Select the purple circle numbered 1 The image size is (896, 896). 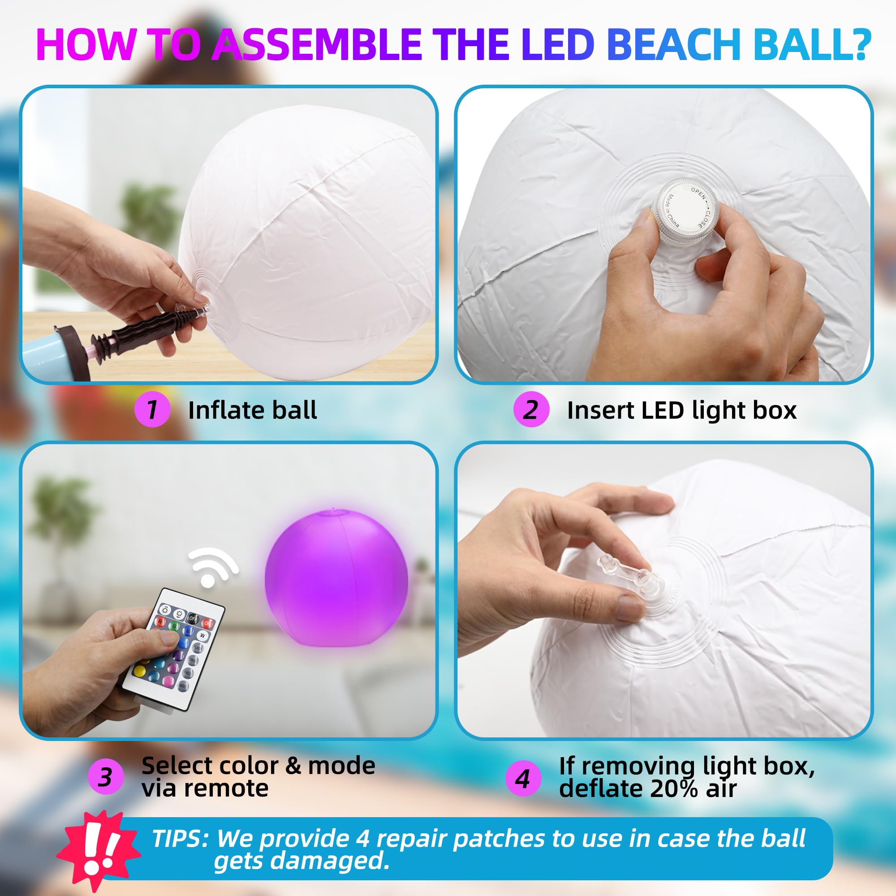tap(152, 409)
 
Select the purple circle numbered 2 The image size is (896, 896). tap(531, 409)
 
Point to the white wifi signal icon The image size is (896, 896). tap(212, 567)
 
